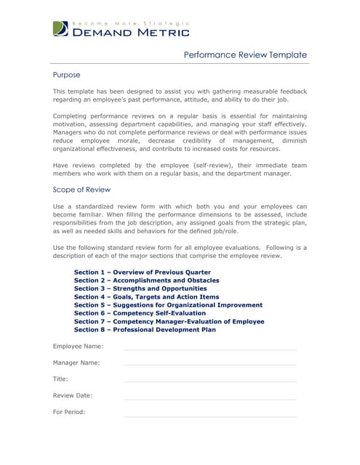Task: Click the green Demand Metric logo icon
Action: (x=61, y=29)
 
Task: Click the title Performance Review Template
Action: (x=244, y=55)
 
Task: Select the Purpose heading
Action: (x=67, y=75)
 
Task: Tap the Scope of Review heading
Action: (x=81, y=190)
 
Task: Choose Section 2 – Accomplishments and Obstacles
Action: (x=146, y=280)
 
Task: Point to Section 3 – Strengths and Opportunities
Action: (x=140, y=288)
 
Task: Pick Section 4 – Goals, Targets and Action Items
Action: (x=146, y=296)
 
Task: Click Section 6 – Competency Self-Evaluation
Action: (x=140, y=313)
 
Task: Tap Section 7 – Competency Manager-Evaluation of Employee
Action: (x=169, y=321)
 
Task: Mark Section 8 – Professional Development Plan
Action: (x=145, y=330)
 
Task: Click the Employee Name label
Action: (x=78, y=346)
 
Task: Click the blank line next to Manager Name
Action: (x=210, y=364)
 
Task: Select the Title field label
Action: (x=60, y=379)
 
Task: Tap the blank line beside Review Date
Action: (x=210, y=398)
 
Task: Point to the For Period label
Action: (x=69, y=412)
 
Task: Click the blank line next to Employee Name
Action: (x=210, y=349)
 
